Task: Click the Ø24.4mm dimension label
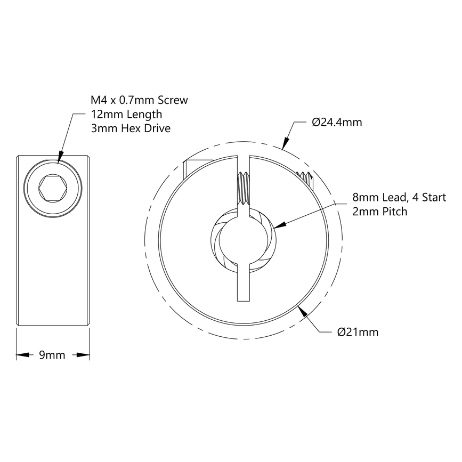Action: (336, 123)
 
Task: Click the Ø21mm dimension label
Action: (358, 333)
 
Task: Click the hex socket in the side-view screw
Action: (53, 189)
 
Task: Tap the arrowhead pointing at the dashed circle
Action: (285, 142)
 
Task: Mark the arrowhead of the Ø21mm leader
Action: (304, 313)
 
